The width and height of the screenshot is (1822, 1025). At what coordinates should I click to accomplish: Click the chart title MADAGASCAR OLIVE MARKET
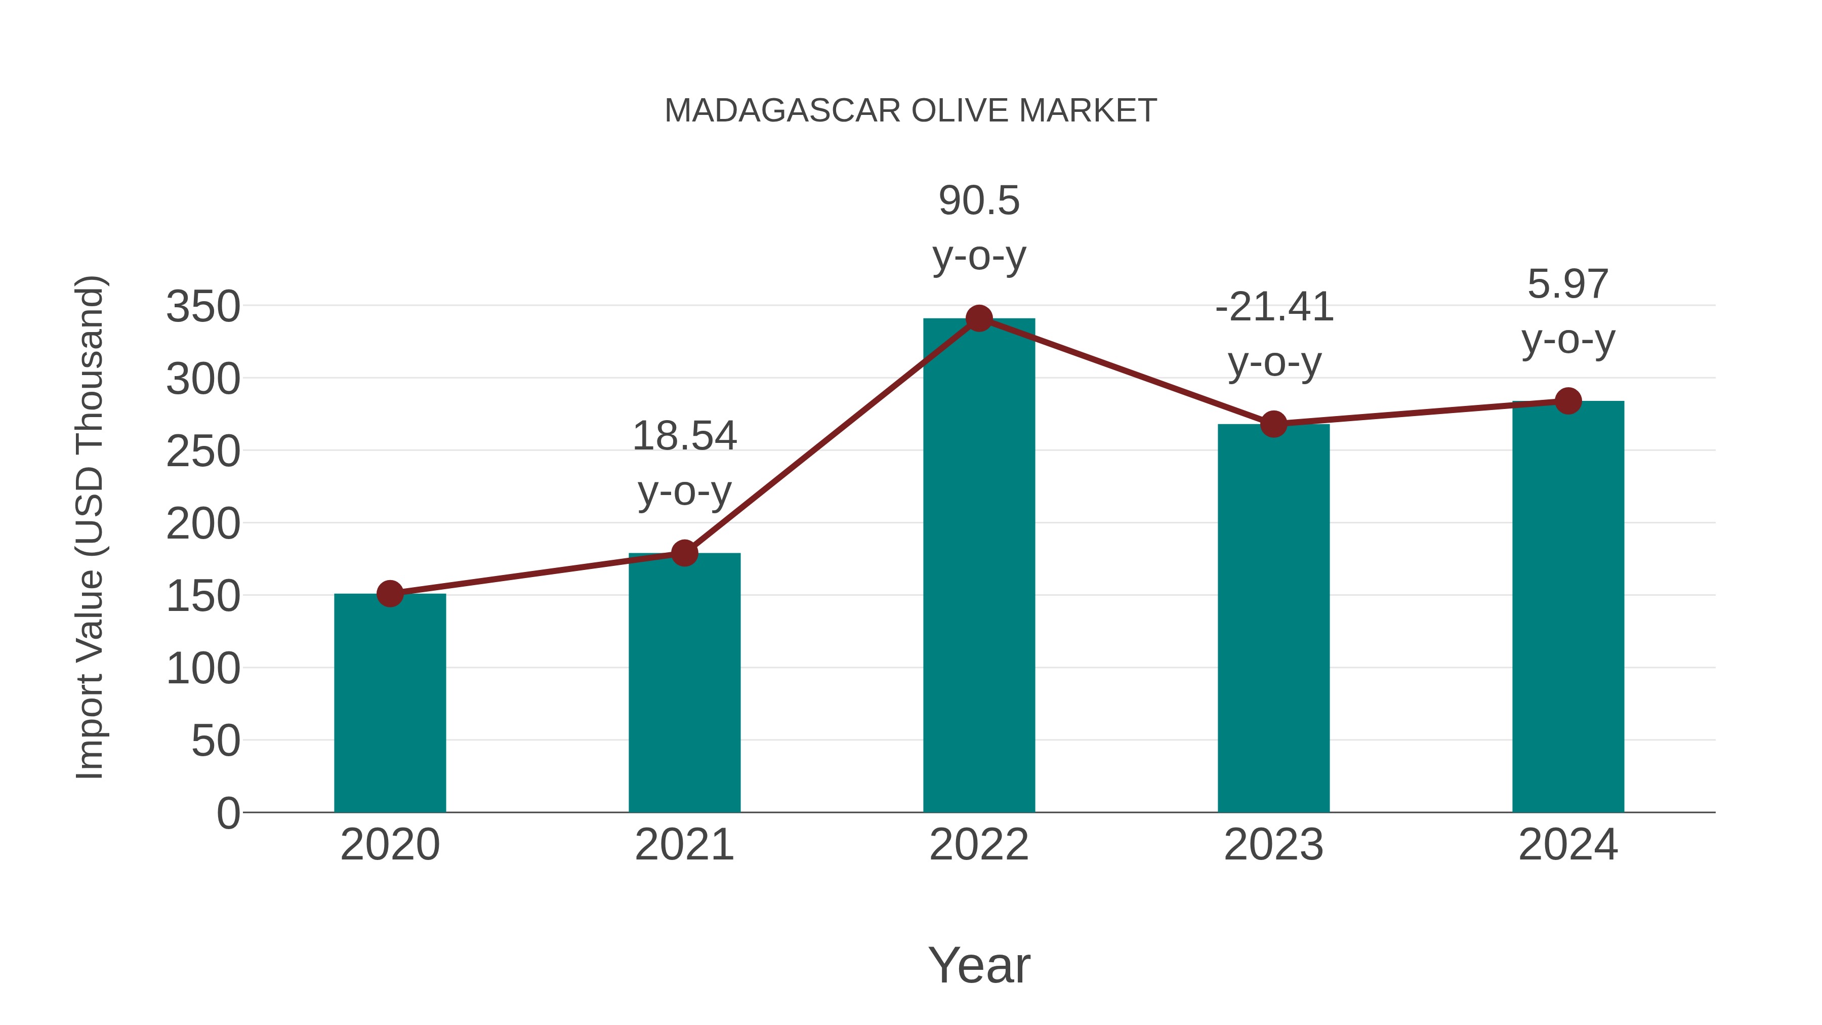[x=910, y=111]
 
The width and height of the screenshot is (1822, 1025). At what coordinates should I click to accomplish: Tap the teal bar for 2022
[x=979, y=566]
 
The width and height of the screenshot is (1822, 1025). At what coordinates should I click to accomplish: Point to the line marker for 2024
[x=1568, y=401]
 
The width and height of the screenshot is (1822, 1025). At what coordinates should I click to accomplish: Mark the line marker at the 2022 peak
[x=979, y=318]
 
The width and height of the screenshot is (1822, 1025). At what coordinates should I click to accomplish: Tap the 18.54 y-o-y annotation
[x=684, y=463]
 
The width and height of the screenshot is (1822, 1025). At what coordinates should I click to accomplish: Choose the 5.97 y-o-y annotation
[x=1568, y=311]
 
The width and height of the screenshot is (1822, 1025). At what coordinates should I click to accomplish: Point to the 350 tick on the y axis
[x=203, y=307]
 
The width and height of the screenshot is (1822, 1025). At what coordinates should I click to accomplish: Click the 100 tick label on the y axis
[x=203, y=669]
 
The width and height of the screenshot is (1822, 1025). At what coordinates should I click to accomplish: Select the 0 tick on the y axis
[x=228, y=813]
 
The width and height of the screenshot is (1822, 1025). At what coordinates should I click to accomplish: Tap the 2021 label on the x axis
[x=684, y=845]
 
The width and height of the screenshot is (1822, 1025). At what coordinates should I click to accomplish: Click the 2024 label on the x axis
[x=1568, y=845]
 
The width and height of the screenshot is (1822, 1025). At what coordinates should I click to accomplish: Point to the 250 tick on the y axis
[x=203, y=452]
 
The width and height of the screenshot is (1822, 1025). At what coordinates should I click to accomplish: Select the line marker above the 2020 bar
[x=390, y=594]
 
